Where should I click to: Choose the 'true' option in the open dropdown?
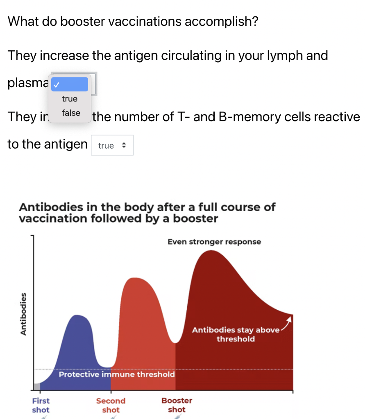(x=70, y=99)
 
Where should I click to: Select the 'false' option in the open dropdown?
(x=71, y=113)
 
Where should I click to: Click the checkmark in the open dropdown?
(x=57, y=85)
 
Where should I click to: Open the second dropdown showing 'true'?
(x=112, y=145)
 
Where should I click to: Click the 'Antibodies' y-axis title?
(x=23, y=314)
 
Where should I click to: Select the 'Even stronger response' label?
(x=214, y=242)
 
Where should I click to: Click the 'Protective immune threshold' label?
(x=117, y=374)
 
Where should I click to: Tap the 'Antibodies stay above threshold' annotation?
(x=236, y=334)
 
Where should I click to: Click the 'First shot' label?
(x=41, y=405)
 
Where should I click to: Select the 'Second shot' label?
(x=111, y=405)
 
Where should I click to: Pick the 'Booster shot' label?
(x=177, y=405)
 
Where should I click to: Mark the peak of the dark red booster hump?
(x=211, y=251)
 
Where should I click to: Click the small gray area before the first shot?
(x=37, y=387)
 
